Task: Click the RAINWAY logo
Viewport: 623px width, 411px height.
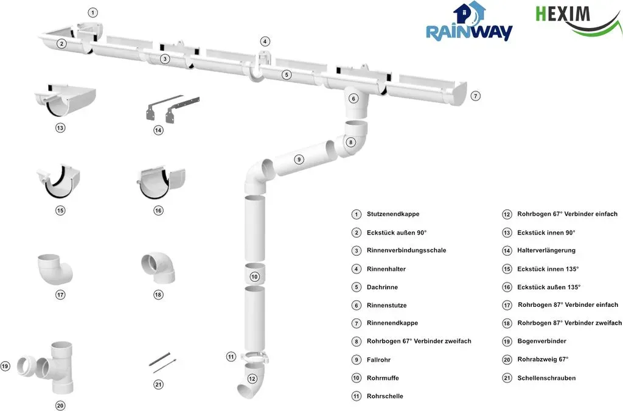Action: click(x=469, y=22)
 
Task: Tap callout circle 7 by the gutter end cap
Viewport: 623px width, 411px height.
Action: click(x=475, y=96)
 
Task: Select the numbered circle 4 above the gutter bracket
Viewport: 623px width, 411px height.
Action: click(x=265, y=41)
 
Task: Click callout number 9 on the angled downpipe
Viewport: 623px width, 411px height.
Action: click(x=299, y=160)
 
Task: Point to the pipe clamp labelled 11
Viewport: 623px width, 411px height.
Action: click(x=254, y=357)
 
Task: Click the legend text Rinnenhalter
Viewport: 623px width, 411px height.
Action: click(x=386, y=269)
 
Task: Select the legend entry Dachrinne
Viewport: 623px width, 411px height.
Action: click(x=382, y=287)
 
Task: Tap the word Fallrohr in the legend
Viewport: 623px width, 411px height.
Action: click(x=378, y=360)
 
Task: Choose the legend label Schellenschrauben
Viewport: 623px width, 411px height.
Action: click(x=546, y=378)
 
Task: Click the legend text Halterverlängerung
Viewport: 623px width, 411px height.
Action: click(x=546, y=250)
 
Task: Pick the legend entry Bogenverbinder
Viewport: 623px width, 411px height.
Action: click(x=541, y=341)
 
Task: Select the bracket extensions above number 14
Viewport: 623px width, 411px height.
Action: click(x=172, y=108)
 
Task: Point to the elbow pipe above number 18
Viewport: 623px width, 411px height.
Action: click(x=158, y=267)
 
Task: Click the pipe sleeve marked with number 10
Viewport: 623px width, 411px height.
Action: click(x=254, y=273)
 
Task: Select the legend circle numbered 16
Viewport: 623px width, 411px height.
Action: click(x=507, y=287)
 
